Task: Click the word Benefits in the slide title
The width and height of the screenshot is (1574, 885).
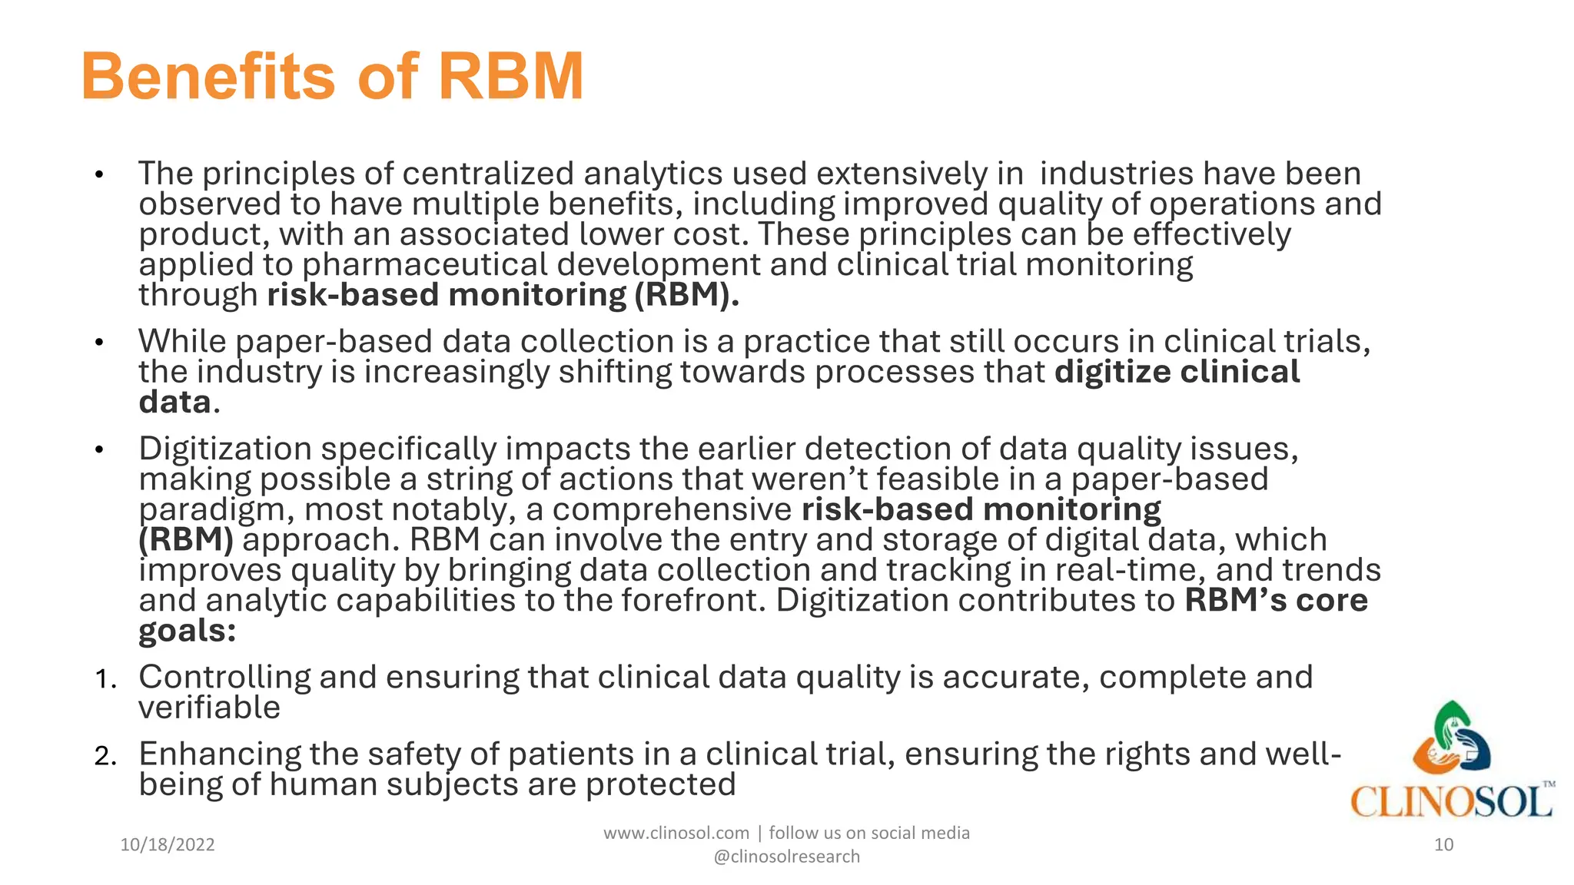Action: [208, 77]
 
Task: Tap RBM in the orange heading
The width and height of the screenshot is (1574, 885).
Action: [511, 77]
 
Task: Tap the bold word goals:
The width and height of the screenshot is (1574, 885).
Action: [187, 631]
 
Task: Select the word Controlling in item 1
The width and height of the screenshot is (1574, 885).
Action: [224, 677]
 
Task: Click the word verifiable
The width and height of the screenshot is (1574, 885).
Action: [209, 708]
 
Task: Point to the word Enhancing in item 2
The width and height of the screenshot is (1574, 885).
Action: [220, 754]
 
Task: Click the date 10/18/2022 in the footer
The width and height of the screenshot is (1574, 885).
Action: [168, 845]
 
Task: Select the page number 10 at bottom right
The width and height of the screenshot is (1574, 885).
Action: [1443, 845]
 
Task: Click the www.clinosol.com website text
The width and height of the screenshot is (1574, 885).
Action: [676, 833]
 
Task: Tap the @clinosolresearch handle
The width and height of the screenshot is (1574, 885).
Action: [786, 857]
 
